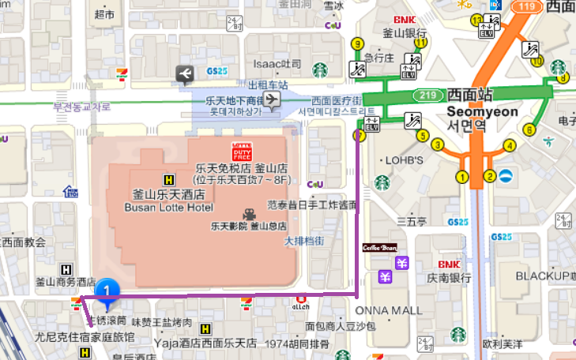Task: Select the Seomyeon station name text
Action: (482, 111)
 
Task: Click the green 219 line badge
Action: (428, 95)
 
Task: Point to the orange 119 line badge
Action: (528, 6)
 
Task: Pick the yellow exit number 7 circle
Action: (360, 136)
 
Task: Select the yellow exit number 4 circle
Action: (510, 145)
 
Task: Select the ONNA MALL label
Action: (384, 310)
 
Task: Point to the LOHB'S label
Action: (401, 160)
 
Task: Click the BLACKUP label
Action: (542, 276)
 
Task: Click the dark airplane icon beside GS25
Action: (185, 74)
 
